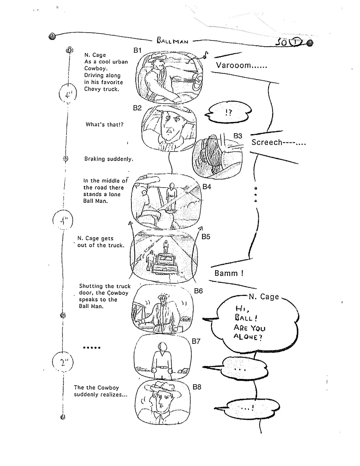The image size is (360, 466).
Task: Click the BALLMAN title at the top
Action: (173, 41)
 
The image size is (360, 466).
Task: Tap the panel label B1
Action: (137, 50)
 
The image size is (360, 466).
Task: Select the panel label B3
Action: (238, 136)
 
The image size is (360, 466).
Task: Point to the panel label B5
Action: (206, 237)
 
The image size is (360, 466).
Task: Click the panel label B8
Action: (197, 387)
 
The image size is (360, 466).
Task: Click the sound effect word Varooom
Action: (241, 65)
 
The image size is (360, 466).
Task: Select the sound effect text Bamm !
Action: (229, 273)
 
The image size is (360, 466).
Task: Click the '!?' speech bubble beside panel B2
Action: (229, 113)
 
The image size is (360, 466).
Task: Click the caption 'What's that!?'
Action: (104, 124)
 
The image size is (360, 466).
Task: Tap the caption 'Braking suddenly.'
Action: (109, 159)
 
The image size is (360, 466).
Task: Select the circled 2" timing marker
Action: (63, 362)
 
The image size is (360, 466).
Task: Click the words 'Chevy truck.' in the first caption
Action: (101, 89)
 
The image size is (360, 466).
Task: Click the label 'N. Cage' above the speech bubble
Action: (264, 297)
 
